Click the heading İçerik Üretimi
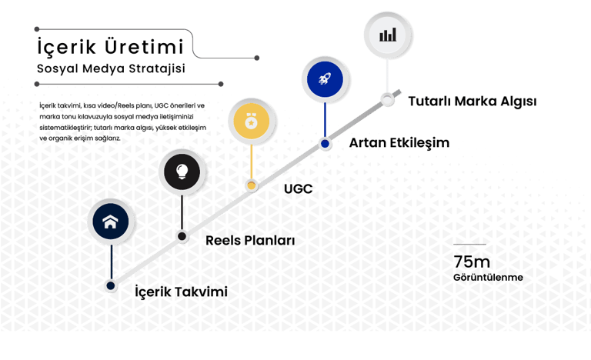pos(110,45)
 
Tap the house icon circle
pos(110,222)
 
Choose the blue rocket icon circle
pos(325,78)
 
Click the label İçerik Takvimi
pos(182,292)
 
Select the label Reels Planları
pos(250,241)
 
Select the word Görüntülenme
pos(488,276)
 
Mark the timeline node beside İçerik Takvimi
pos(111,285)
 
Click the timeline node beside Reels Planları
pos(182,236)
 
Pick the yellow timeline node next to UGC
pos(251,185)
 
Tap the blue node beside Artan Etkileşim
pos(326,143)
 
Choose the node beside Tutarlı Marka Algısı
pos(388,100)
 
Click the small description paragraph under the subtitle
pos(122,121)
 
